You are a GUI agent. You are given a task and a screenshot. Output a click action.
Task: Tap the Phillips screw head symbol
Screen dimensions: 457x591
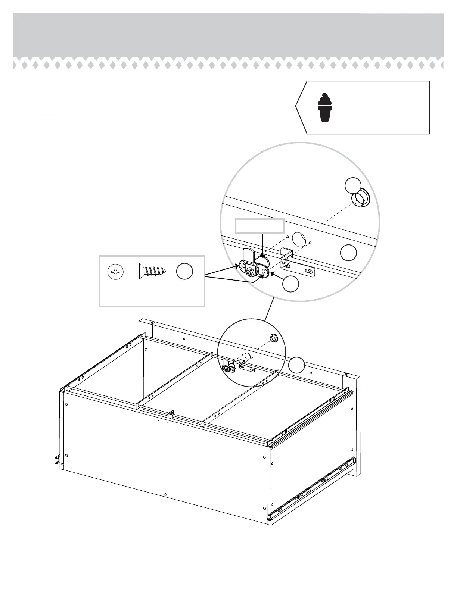[115, 272]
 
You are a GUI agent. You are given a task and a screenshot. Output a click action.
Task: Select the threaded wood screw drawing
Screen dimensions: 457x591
[152, 271]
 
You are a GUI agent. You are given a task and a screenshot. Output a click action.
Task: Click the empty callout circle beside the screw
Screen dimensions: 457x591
[184, 272]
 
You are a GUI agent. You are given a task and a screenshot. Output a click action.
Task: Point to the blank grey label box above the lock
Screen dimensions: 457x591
[259, 226]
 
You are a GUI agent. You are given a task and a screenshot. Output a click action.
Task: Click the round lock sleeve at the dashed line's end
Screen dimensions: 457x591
[361, 198]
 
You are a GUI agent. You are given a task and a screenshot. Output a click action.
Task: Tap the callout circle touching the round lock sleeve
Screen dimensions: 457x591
[353, 185]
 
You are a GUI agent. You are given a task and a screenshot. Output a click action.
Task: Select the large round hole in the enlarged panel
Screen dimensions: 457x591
[299, 238]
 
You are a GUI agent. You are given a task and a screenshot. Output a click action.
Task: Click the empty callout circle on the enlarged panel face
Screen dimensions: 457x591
[348, 253]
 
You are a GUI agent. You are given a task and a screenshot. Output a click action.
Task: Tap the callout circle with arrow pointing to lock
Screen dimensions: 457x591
[290, 284]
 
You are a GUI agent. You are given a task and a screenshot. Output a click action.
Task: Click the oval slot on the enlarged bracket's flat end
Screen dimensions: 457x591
[308, 270]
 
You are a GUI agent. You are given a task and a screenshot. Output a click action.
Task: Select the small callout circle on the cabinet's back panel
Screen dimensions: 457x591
[297, 365]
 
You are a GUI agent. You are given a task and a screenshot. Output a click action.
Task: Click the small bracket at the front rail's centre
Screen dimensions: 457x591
[171, 414]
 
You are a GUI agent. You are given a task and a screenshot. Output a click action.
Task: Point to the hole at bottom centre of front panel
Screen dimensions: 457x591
[165, 495]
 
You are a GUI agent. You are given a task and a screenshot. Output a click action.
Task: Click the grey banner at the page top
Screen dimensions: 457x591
[228, 35]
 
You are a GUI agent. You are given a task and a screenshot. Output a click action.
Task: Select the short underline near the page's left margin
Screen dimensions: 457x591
[50, 115]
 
